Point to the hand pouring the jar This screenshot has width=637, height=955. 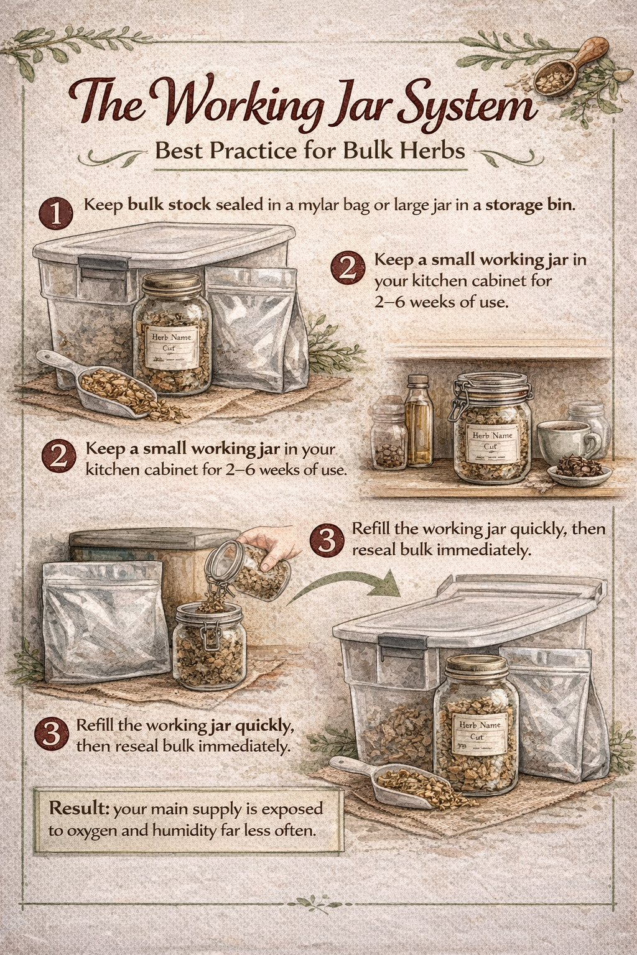pos(274,549)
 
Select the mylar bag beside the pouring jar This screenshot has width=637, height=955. pos(103,622)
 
